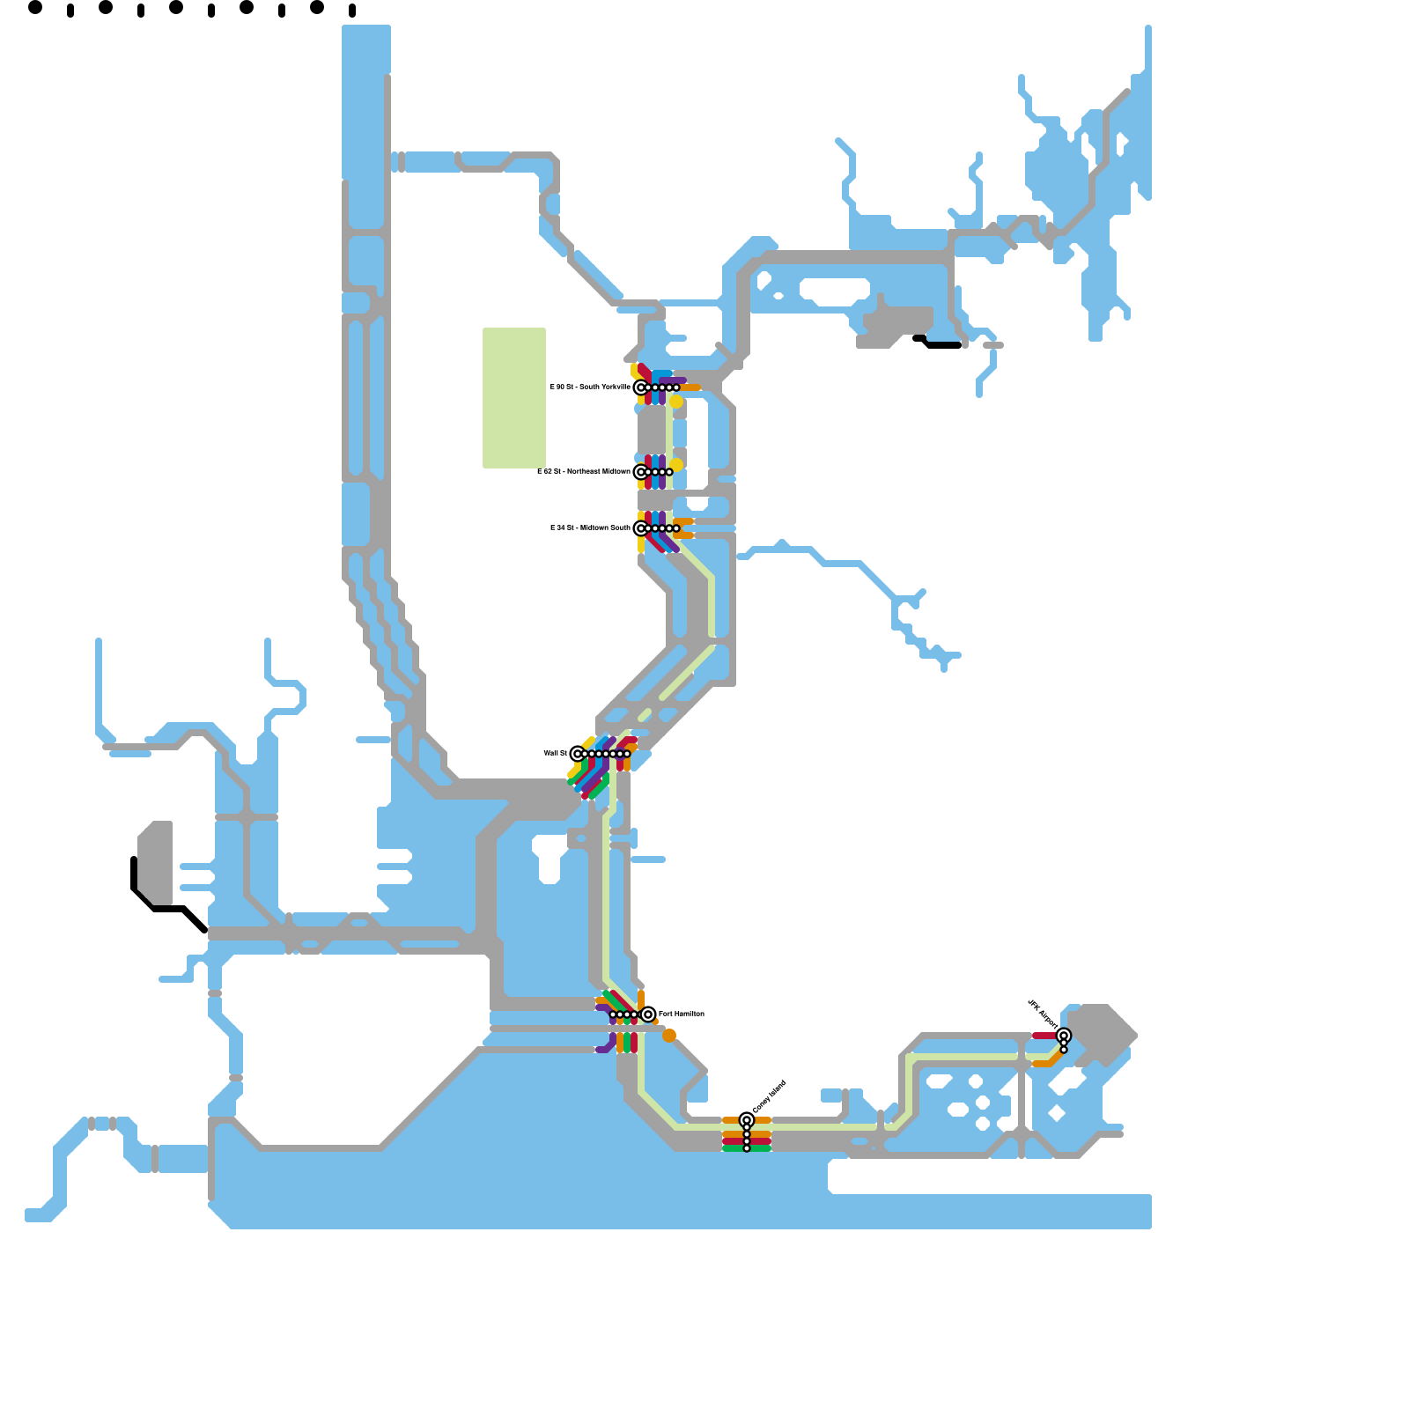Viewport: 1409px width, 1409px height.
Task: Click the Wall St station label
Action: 555,753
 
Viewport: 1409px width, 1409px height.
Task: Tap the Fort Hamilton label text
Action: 682,1014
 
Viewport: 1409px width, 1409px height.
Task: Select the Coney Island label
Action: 769,1097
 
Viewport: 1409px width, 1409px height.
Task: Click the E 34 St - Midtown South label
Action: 590,527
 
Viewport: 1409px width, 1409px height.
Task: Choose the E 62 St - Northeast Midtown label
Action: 584,471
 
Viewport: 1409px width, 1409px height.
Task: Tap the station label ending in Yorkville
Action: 590,387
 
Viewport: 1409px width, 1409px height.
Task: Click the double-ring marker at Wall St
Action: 577,753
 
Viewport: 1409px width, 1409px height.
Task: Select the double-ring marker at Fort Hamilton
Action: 648,1014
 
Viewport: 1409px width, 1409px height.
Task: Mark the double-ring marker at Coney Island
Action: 747,1120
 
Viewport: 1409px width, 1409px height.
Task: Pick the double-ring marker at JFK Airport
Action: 1064,1036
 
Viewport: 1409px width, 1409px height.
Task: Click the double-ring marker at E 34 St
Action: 640,528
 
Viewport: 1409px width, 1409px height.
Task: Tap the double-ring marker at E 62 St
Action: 640,472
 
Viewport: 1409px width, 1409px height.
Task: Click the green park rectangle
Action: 514,397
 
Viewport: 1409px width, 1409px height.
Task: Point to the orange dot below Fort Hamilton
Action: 669,1036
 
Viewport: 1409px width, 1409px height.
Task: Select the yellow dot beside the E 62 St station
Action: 676,464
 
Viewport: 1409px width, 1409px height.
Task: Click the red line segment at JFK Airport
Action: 1044,1036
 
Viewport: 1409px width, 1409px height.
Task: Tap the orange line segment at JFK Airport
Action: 1044,1063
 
